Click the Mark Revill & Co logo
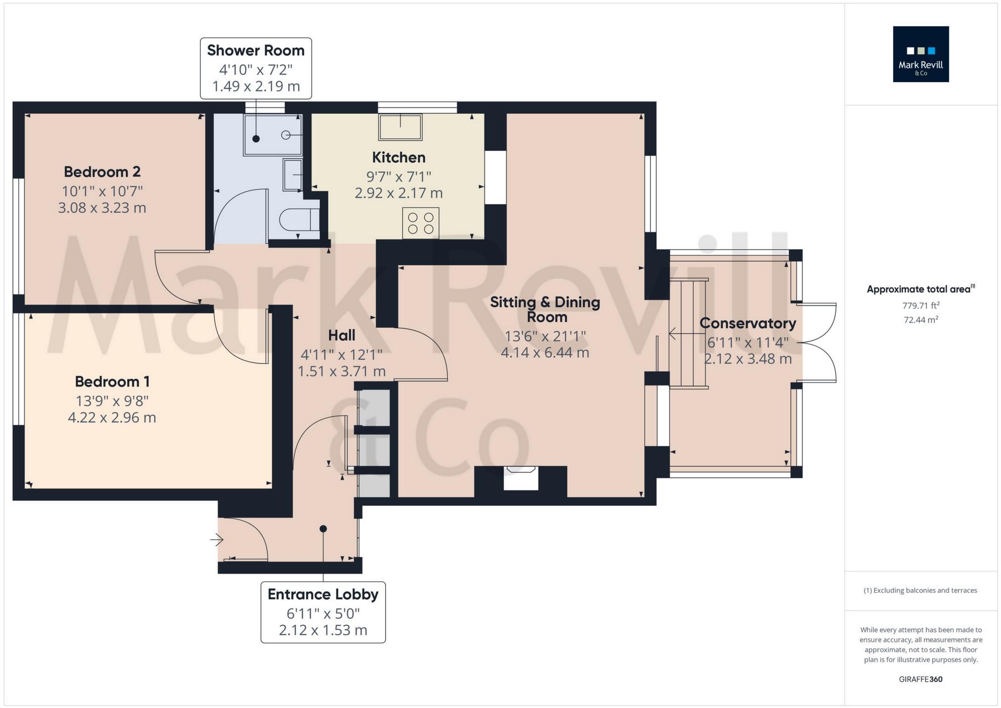tap(920, 54)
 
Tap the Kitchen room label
tap(399, 158)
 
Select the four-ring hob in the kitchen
tap(420, 223)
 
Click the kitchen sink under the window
tap(400, 127)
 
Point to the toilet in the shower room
tap(299, 219)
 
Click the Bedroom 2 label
tap(102, 172)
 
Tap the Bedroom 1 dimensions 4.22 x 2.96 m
tap(112, 418)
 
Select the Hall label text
tap(342, 336)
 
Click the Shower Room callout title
tap(256, 50)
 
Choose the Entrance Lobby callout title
tap(323, 594)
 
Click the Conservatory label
tap(748, 323)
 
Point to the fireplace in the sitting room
tap(521, 478)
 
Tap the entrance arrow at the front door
tap(217, 540)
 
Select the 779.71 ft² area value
tap(920, 306)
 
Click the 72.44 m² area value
tap(921, 320)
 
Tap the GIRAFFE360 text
tap(920, 679)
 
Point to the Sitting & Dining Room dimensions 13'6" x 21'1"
tap(545, 337)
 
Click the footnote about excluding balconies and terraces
tap(920, 590)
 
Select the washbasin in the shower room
tap(292, 175)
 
